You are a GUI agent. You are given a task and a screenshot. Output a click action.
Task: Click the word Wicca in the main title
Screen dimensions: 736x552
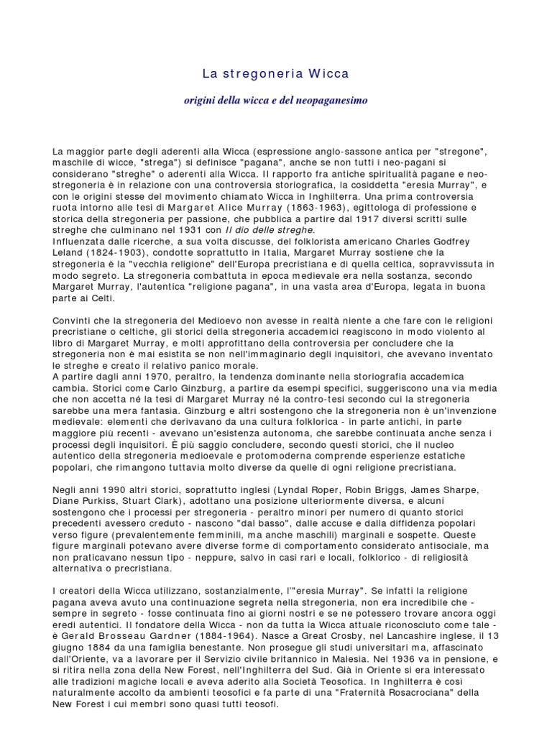pos(329,73)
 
